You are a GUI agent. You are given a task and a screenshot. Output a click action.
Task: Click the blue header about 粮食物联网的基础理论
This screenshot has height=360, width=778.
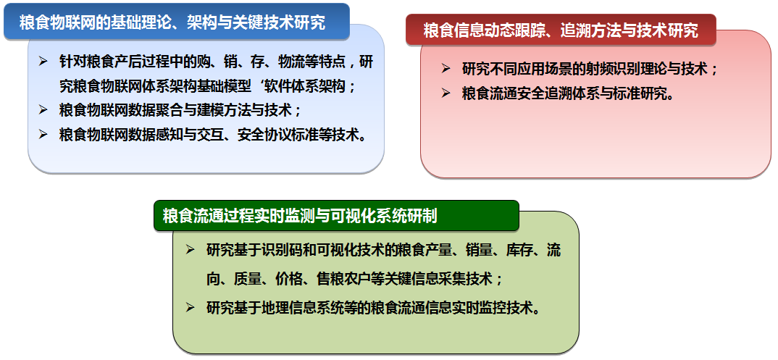pos(177,22)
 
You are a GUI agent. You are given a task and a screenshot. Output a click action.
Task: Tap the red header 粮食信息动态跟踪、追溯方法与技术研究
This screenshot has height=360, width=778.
pos(561,30)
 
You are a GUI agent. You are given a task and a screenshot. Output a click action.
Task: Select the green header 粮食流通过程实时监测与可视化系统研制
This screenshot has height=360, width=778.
pos(336,216)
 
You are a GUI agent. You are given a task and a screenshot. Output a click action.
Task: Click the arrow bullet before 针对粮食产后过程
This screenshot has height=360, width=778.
pos(43,62)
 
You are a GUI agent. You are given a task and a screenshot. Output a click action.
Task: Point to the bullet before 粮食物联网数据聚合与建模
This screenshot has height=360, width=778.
pos(43,109)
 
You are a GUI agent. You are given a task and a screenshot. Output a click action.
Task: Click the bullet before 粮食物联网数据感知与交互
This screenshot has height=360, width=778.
pos(43,134)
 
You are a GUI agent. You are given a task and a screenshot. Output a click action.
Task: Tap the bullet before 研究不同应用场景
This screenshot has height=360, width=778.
pos(446,68)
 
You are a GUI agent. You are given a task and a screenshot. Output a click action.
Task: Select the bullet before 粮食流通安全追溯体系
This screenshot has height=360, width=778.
pos(446,93)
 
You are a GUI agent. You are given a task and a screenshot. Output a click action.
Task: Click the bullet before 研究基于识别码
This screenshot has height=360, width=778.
pos(190,249)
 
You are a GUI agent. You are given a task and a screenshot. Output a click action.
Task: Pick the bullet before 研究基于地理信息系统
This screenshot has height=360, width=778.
pos(190,307)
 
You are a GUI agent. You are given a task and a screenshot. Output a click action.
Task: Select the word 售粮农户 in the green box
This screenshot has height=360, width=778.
pos(343,279)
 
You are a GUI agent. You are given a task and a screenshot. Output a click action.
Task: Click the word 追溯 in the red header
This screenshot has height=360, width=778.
pos(576,30)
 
